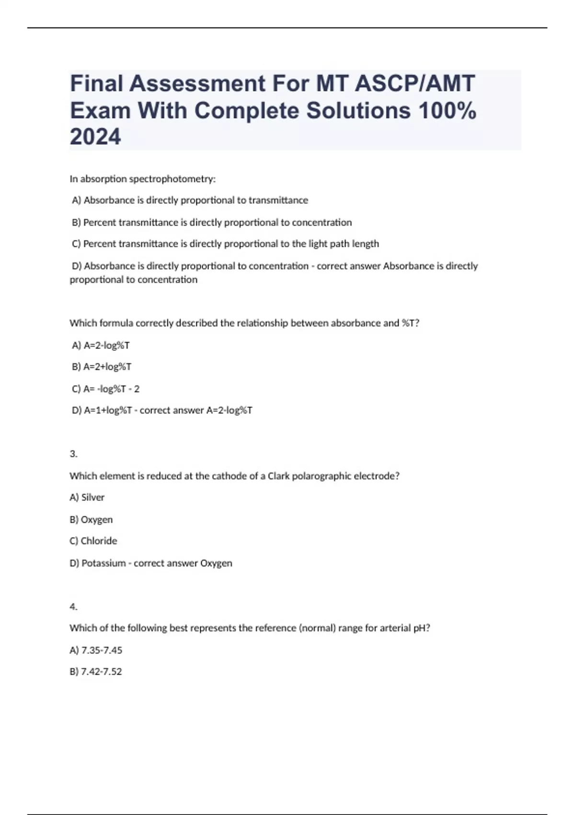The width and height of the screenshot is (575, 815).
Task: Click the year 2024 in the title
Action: pos(95,137)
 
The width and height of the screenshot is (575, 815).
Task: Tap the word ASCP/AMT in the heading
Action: pos(414,83)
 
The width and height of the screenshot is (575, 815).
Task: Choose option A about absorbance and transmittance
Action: pos(190,200)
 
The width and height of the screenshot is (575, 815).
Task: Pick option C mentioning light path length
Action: pos(225,244)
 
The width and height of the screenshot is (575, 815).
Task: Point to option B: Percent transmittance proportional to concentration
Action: pos(211,222)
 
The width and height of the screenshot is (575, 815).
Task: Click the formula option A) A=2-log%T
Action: pos(101,346)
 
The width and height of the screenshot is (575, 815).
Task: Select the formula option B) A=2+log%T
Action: pos(102,367)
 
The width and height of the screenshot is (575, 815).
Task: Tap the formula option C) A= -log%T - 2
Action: pos(105,389)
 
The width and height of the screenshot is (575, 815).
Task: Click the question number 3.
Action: pos(73,454)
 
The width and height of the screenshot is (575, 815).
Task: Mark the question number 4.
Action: pos(73,607)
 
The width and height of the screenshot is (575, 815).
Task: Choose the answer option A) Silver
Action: pos(87,498)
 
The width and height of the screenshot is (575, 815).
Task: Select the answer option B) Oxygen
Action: pos(91,520)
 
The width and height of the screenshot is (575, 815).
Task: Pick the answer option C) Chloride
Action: pos(93,541)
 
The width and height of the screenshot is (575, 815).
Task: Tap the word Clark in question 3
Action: pos(278,476)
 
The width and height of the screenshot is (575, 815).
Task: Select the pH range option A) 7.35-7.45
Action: pos(96,651)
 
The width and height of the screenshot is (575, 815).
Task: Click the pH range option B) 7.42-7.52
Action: pos(96,672)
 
